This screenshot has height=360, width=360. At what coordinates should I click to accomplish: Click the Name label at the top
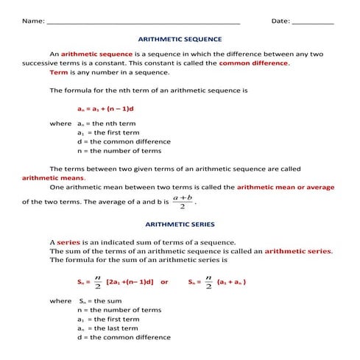[32, 21]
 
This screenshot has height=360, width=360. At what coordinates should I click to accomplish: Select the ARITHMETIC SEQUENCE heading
[180, 39]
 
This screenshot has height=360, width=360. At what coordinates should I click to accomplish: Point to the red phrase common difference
[253, 63]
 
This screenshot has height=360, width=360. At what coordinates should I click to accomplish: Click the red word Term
[58, 73]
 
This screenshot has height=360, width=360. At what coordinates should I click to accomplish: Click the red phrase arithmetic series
[298, 251]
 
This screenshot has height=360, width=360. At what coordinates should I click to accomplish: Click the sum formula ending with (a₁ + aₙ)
[216, 281]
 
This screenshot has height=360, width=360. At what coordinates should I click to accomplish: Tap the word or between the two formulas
[164, 282]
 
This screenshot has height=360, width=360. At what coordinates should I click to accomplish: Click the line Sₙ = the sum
[100, 301]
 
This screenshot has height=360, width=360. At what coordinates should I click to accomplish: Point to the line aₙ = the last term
[107, 328]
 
